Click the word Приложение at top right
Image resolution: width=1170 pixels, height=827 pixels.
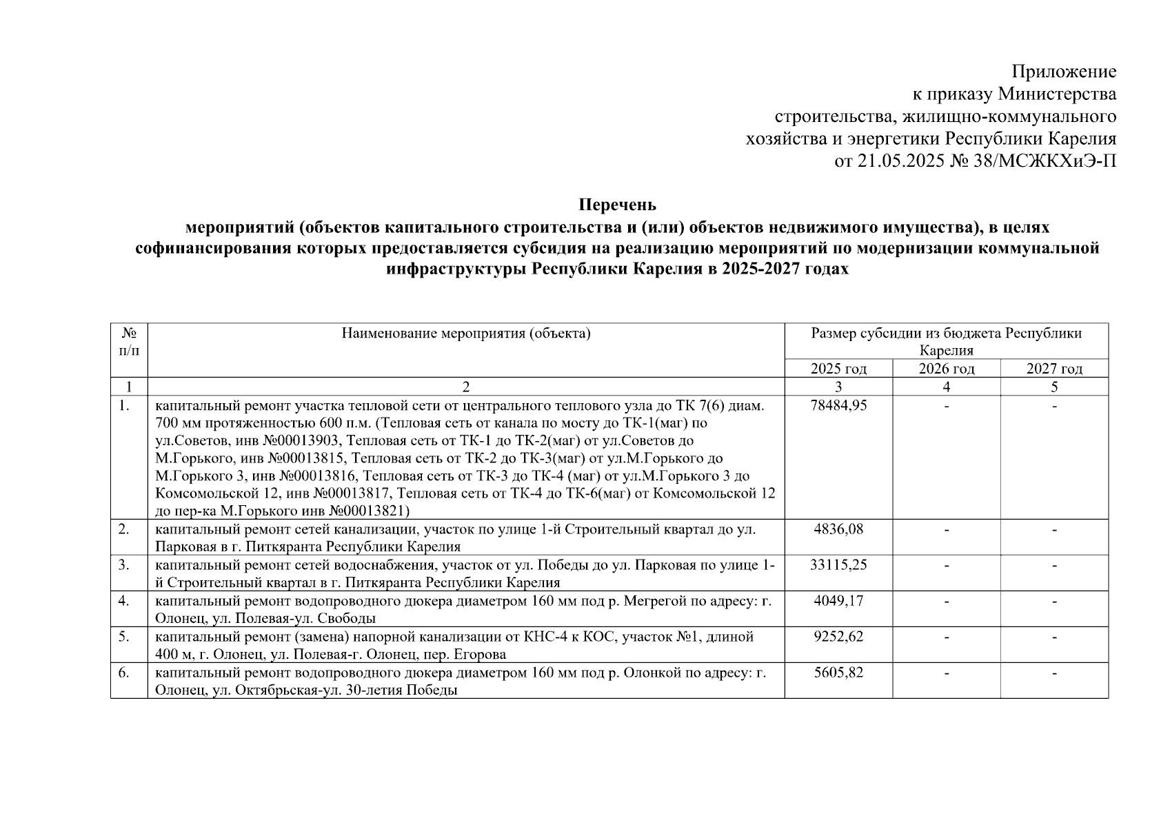[1063, 72]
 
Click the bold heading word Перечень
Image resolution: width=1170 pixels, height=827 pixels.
[617, 205]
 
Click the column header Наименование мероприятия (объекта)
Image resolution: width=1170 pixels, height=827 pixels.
[466, 334]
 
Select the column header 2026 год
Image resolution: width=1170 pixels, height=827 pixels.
[947, 369]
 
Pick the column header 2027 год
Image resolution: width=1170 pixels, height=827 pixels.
[1054, 369]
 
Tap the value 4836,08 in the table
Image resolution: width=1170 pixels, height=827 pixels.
[839, 529]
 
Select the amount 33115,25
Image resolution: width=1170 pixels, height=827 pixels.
[839, 565]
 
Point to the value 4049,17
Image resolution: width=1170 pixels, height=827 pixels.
[839, 601]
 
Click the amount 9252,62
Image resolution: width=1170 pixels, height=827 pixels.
[839, 637]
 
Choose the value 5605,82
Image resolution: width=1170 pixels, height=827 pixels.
[839, 673]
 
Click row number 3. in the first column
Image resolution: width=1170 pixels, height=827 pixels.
[123, 565]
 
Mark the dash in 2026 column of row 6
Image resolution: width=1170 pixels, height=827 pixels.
[947, 673]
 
